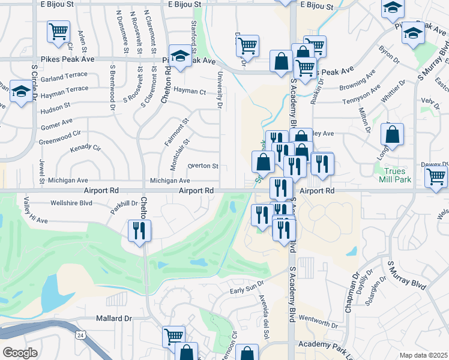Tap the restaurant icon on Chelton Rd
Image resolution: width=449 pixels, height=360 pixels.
[139, 230]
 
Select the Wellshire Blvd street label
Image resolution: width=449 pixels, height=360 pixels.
[71, 203]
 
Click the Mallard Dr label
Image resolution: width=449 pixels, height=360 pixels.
[113, 319]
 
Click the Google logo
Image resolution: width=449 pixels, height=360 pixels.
[20, 353]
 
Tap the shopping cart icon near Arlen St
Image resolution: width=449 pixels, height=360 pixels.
[58, 31]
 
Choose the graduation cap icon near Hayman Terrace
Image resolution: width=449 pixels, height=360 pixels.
[21, 92]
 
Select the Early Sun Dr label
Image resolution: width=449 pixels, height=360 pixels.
[247, 290]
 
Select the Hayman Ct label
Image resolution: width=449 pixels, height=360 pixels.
[190, 92]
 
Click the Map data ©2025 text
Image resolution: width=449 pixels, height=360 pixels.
[423, 355]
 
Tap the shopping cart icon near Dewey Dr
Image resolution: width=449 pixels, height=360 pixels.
[436, 176]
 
